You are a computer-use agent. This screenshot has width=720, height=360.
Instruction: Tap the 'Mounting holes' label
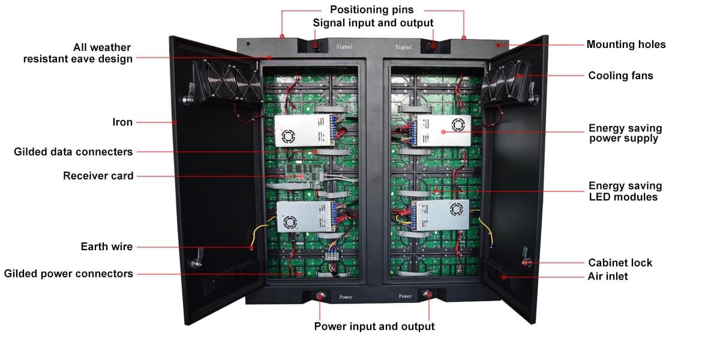click(626, 44)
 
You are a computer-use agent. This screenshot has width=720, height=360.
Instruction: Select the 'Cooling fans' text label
click(620, 76)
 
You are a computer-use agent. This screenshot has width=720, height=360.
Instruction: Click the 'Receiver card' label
click(98, 176)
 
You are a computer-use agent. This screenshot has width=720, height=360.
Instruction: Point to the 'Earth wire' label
click(107, 247)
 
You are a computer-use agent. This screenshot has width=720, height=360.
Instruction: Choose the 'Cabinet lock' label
click(620, 263)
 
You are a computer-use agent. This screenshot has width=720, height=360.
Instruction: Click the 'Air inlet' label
click(608, 277)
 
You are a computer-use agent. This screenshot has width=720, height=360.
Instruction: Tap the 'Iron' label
click(122, 122)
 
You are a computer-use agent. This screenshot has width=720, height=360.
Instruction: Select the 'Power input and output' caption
click(374, 326)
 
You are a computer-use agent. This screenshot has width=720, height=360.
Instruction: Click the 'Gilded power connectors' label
click(68, 274)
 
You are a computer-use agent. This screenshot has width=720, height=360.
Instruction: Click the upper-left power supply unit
click(304, 130)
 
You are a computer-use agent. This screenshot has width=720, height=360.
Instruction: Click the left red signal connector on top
click(317, 46)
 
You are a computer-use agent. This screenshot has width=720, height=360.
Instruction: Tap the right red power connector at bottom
click(428, 294)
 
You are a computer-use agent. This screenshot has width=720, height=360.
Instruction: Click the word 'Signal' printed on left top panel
click(344, 46)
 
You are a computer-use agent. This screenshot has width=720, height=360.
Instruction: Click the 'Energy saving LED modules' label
click(625, 191)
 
